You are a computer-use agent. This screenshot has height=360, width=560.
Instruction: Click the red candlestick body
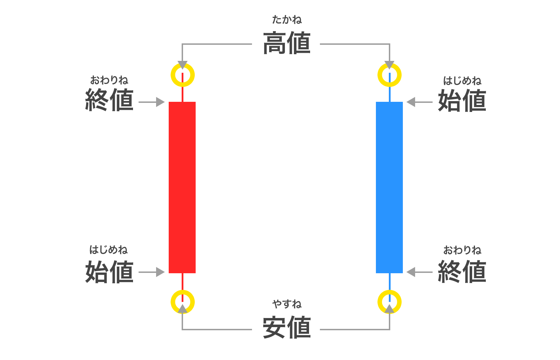(182, 187)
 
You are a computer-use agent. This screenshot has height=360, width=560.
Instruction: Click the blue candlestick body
(389, 187)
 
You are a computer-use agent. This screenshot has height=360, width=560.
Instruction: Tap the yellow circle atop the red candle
(182, 75)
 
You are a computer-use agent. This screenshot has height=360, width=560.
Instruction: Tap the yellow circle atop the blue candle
(390, 75)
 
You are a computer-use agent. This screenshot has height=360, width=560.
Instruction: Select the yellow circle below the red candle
(182, 302)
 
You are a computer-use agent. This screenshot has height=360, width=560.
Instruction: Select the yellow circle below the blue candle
(390, 302)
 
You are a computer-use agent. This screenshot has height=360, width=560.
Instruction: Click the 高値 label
(287, 43)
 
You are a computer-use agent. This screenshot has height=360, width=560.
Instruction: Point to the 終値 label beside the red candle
(109, 100)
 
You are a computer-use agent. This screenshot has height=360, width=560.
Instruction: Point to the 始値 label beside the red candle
(109, 271)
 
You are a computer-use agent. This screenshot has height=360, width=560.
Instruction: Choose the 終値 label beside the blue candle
(462, 271)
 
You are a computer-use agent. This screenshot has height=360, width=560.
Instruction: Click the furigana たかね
(287, 20)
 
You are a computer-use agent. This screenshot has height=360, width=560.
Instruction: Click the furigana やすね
(287, 304)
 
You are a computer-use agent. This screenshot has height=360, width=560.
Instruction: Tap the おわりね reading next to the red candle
(109, 80)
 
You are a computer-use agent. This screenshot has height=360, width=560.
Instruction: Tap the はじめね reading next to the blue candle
(462, 81)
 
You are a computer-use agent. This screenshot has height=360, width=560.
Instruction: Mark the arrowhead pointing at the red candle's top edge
(160, 102)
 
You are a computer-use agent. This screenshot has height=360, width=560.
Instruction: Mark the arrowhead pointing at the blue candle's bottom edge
(411, 272)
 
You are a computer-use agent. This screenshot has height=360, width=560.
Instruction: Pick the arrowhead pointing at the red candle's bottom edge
(160, 272)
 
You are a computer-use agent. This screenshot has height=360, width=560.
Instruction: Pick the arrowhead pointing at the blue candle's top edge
(411, 102)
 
